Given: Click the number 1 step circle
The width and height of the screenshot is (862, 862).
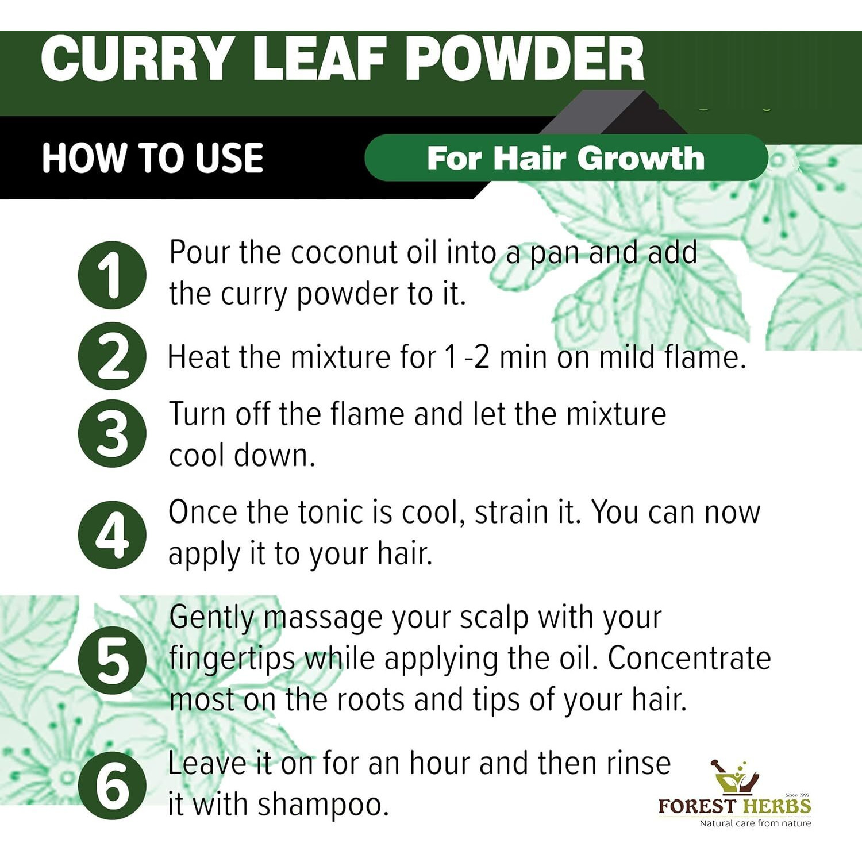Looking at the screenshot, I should [112, 275].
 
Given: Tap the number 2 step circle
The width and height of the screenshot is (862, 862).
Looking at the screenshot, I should [112, 356].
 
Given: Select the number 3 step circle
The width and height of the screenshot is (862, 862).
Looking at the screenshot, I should [112, 433].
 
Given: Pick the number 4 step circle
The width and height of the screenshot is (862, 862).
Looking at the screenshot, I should [112, 534].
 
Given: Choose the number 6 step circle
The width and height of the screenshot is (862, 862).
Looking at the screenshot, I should [112, 785].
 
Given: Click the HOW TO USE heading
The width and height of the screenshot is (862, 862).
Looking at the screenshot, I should [152, 158].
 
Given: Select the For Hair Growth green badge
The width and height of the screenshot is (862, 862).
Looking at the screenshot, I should [566, 158].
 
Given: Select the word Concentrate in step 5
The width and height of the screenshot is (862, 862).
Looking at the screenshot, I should [689, 659].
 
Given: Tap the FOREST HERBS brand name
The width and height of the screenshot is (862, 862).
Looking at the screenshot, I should [734, 806].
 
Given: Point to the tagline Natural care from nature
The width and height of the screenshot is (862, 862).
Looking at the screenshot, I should [755, 823].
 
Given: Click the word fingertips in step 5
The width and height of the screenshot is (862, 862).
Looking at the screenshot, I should [232, 659].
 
